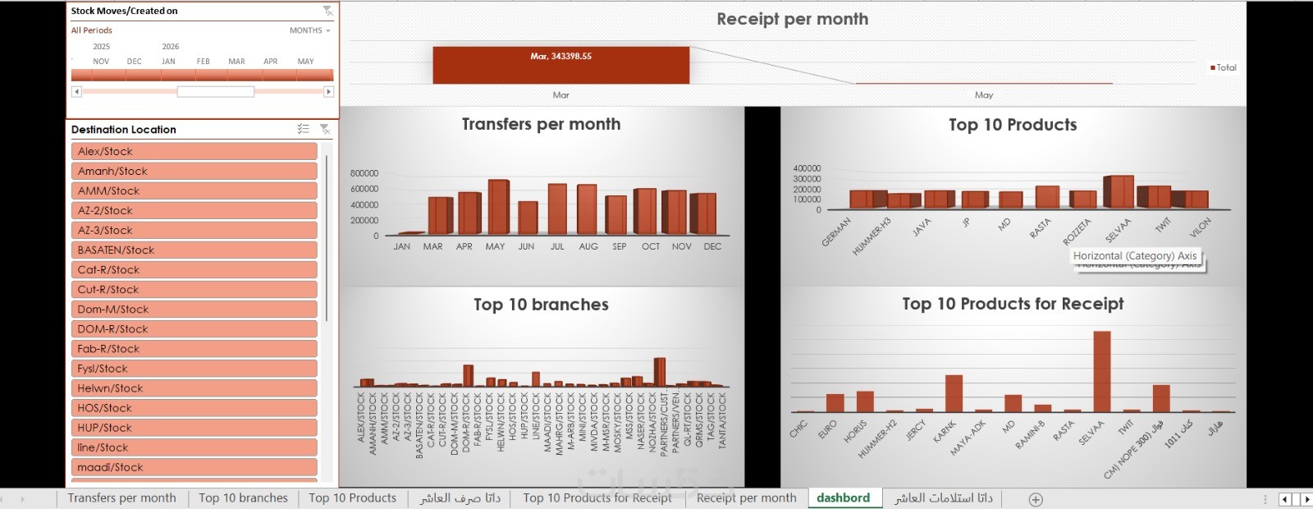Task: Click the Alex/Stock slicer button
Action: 194,151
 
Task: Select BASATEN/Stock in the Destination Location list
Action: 194,250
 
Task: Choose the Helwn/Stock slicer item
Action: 194,388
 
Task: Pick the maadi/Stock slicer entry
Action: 194,467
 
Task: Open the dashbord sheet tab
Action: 843,498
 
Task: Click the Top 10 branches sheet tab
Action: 243,498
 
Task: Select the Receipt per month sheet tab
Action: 746,498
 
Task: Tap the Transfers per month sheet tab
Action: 121,498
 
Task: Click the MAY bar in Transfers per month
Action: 497,208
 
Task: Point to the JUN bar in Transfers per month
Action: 527,218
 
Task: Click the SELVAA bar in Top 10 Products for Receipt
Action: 1101,372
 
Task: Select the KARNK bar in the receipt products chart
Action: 954,393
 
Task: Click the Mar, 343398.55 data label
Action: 560,57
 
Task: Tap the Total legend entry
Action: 1224,67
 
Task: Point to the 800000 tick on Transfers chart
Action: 364,173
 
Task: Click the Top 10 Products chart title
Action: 1012,125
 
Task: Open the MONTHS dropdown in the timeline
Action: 309,30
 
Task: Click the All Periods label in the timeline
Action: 91,30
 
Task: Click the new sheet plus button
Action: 1036,499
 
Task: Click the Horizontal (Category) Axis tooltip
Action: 1134,256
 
